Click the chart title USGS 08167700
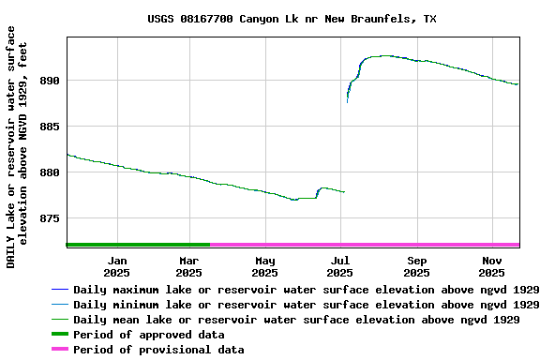coord(292,19)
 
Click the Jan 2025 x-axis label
coord(117,266)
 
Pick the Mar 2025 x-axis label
coord(189,266)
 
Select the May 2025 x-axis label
coord(265,266)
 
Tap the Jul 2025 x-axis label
coord(340,266)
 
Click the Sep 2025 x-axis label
coord(417,266)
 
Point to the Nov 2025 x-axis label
coord(492,266)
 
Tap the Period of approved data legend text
coord(148,335)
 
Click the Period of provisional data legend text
coord(158,350)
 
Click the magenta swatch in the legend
coord(60,350)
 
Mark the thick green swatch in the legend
coord(60,335)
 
